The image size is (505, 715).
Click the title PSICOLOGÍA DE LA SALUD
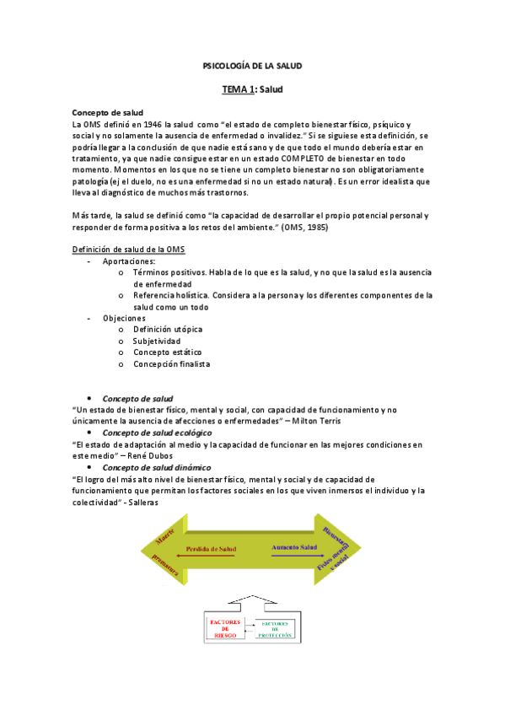coord(253,65)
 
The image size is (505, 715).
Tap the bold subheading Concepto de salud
coord(108,112)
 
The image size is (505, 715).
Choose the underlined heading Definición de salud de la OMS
coord(129,250)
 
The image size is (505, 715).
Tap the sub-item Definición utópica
coord(168,330)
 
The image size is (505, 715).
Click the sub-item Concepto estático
coord(169,352)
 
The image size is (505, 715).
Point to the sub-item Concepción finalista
coord(172,363)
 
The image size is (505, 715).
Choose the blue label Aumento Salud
coord(296,548)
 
